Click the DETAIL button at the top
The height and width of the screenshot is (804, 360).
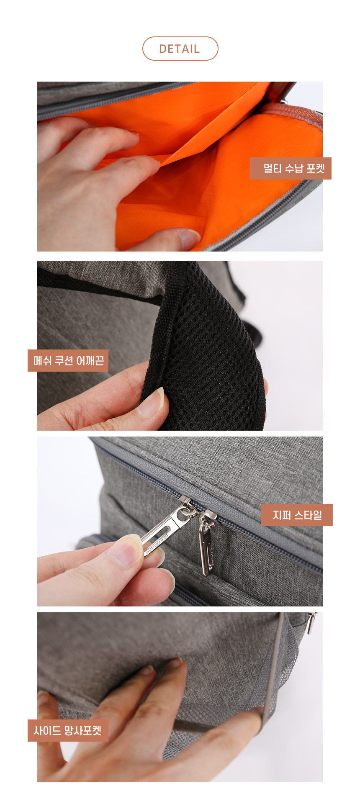(x=180, y=49)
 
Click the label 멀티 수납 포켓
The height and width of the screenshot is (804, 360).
(x=291, y=169)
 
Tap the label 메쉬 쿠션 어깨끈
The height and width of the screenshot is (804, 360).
(x=68, y=360)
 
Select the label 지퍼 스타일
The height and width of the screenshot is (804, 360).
(x=297, y=515)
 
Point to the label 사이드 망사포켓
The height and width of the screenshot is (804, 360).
(x=68, y=731)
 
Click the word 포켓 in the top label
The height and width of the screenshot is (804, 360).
(x=316, y=169)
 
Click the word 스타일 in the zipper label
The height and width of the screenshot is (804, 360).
(x=308, y=515)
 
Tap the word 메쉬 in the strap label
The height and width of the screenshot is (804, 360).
(x=42, y=360)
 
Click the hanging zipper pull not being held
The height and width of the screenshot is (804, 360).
(x=206, y=544)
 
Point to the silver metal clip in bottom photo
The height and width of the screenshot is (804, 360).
(x=311, y=624)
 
